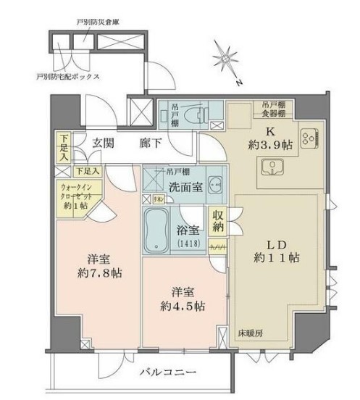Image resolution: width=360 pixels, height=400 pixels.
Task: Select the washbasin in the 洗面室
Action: point(213,182)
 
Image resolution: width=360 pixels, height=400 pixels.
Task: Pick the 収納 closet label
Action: point(217,223)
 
